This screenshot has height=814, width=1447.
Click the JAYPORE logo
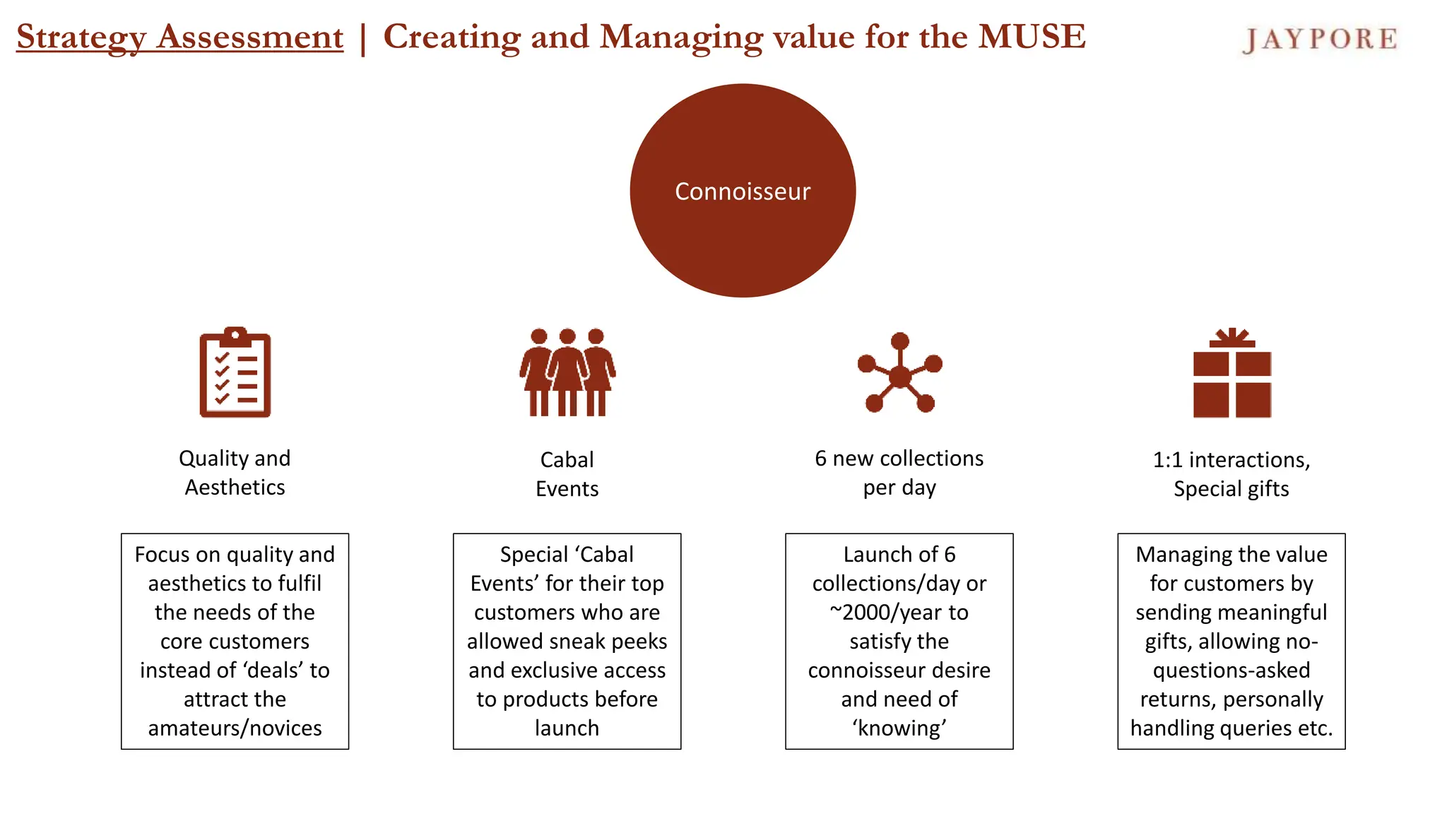[1320, 40]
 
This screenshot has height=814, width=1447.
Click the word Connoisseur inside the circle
[743, 191]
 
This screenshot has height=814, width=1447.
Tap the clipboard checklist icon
[235, 372]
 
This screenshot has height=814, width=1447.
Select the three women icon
[567, 372]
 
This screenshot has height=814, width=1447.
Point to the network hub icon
[899, 373]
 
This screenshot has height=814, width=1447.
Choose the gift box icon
[1232, 373]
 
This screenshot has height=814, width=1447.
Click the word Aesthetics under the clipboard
[235, 488]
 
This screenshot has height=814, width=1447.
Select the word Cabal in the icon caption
[567, 460]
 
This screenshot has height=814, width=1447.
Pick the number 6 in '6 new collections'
[820, 459]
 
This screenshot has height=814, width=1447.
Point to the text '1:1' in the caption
[1167, 460]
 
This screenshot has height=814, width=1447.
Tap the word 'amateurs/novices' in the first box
[235, 729]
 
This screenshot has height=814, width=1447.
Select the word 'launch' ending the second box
[567, 729]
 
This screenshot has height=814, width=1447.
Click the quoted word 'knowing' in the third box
[899, 729]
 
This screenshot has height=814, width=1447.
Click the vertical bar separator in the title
[363, 38]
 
